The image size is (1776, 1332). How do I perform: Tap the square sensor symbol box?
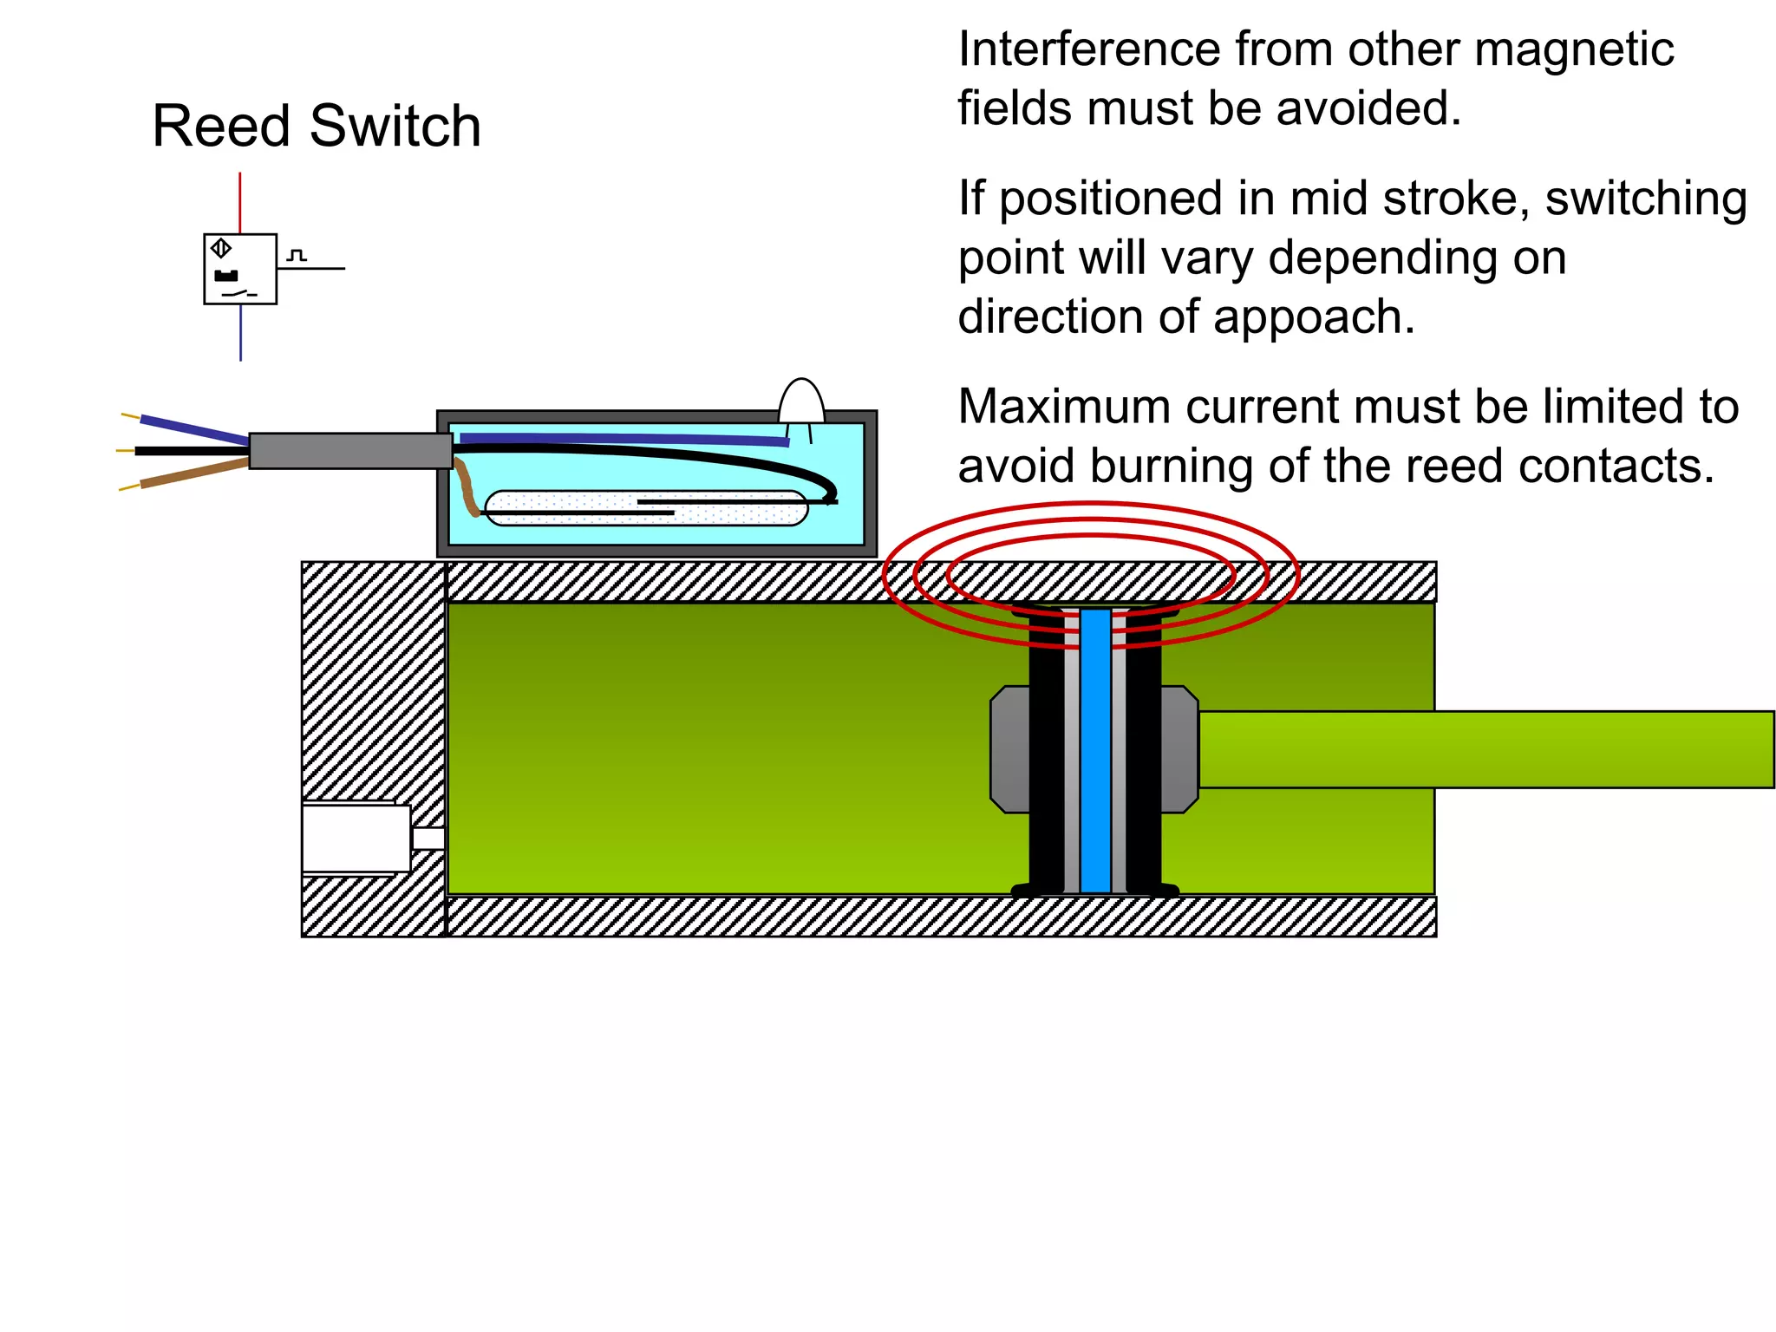pos(240,269)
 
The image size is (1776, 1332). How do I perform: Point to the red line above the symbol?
pos(240,202)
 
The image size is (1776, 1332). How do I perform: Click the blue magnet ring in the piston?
pos(1095,750)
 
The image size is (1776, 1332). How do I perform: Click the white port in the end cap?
pos(356,838)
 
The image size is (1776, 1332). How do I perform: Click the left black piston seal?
pos(1046,750)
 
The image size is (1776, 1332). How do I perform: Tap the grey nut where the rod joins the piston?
pos(1179,749)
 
